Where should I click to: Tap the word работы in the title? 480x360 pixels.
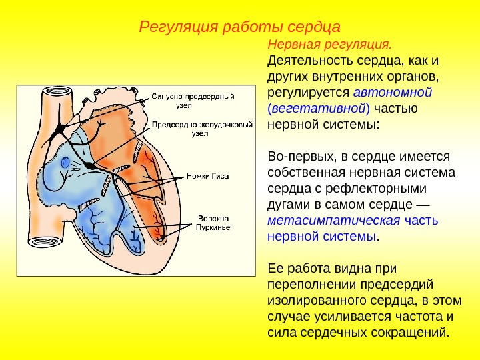243,27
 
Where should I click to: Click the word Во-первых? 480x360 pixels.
295,157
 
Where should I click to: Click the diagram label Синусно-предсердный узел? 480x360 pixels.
193,100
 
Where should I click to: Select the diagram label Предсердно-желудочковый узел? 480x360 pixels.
193,129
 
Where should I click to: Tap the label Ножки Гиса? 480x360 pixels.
213,177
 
